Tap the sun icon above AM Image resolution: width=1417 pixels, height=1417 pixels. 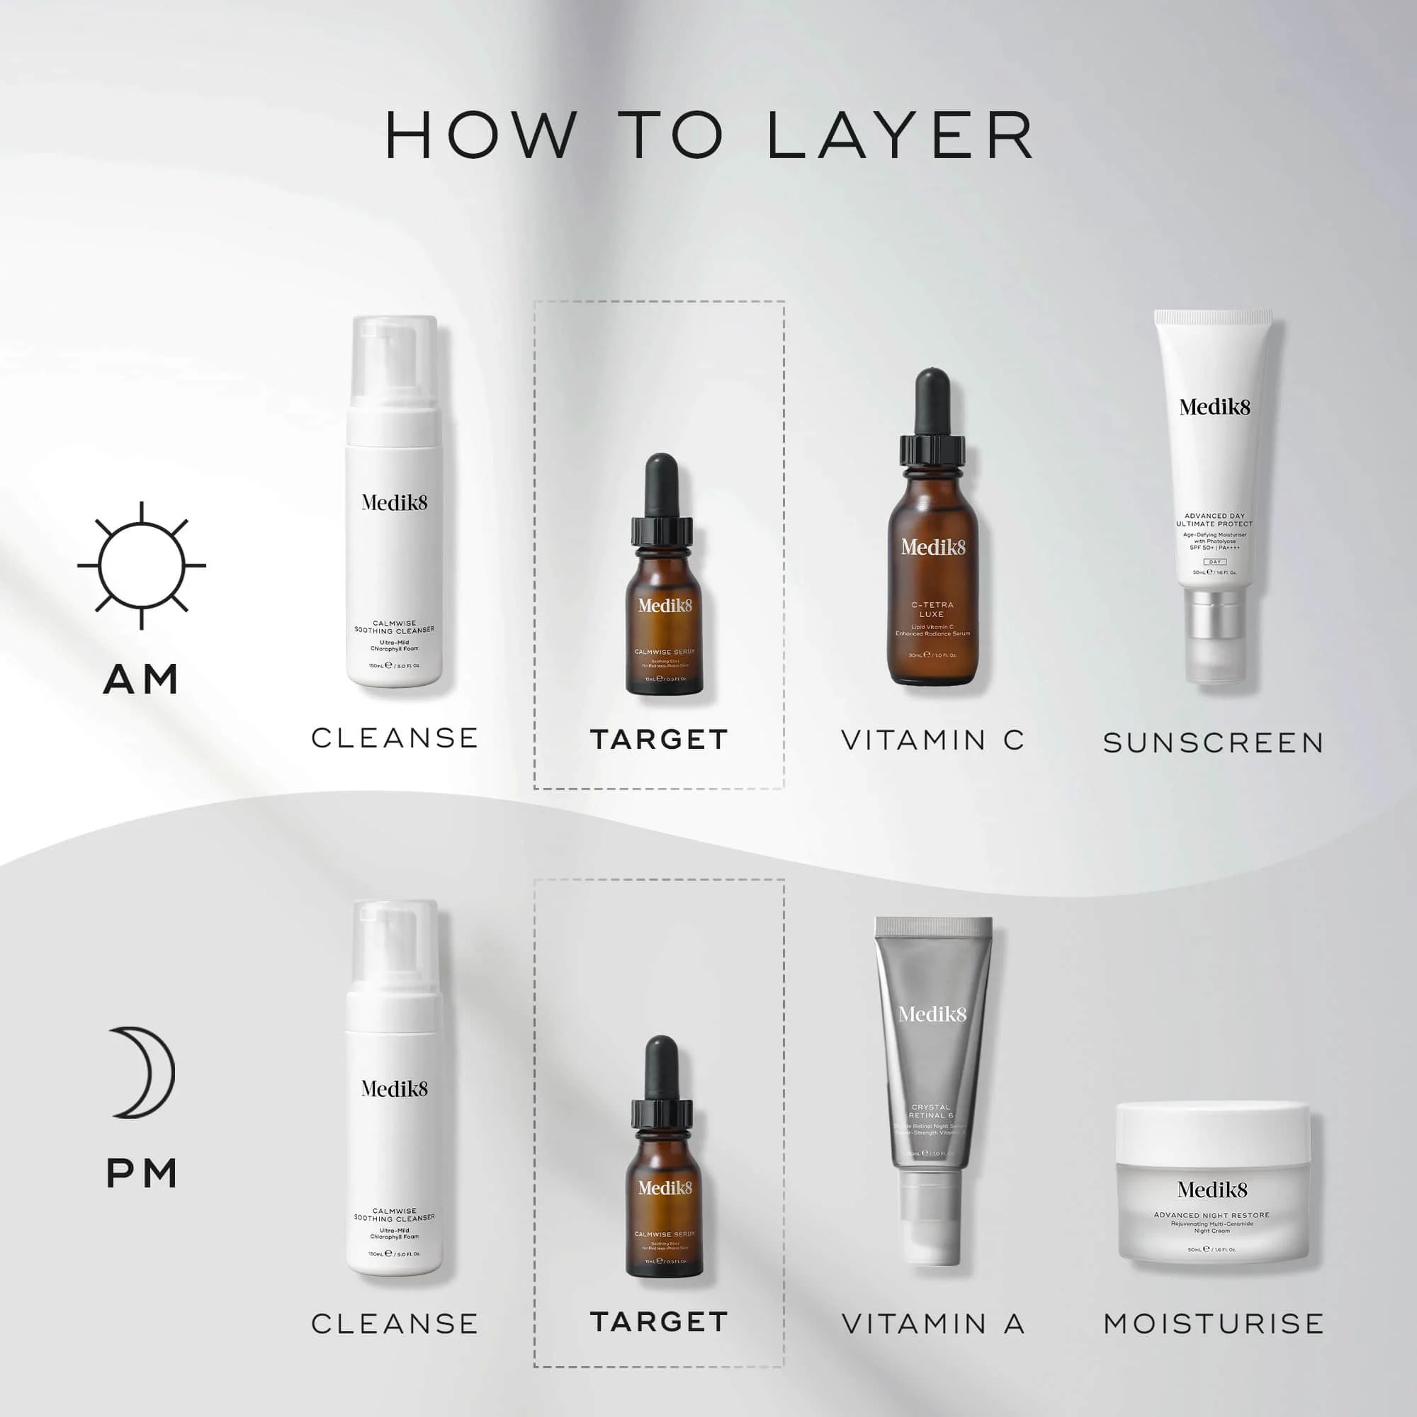click(x=142, y=565)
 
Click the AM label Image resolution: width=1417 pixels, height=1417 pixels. click(x=142, y=679)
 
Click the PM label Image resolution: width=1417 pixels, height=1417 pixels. click(x=142, y=1174)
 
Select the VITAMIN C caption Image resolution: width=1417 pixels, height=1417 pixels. click(x=932, y=740)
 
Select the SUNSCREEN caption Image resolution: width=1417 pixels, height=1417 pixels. click(x=1213, y=743)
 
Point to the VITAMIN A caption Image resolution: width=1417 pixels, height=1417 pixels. click(x=932, y=1324)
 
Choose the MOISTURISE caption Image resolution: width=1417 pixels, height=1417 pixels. click(x=1213, y=1324)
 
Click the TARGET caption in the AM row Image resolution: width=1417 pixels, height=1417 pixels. click(x=659, y=739)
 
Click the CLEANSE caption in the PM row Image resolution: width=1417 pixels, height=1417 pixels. click(x=395, y=1324)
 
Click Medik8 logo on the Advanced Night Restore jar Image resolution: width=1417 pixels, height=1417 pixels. click(x=1212, y=1189)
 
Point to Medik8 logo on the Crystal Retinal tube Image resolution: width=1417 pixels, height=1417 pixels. click(x=932, y=1014)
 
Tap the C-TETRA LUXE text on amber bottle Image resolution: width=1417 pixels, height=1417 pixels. click(x=932, y=609)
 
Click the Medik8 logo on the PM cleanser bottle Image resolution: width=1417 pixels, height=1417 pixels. click(x=394, y=1088)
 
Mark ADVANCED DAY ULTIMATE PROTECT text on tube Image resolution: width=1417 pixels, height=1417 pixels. click(x=1214, y=520)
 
